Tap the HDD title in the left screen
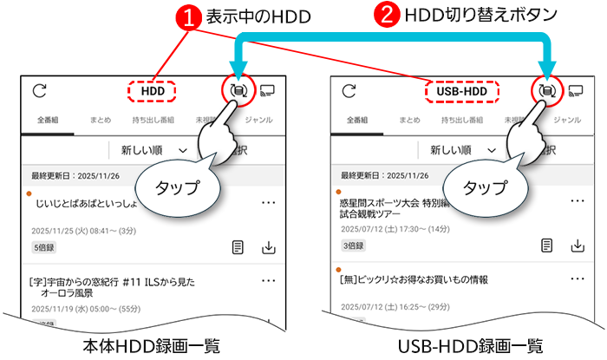(x=153, y=89)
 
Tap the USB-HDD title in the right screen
(x=461, y=90)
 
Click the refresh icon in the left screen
(x=39, y=90)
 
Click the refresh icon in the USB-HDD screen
(x=349, y=90)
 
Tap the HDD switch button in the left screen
(x=235, y=89)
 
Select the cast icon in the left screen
(x=267, y=90)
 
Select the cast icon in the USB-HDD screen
(x=576, y=90)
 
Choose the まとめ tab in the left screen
(x=100, y=120)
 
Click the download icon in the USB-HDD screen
(x=578, y=246)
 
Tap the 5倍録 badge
(x=42, y=247)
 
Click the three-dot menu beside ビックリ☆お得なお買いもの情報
(x=578, y=279)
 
